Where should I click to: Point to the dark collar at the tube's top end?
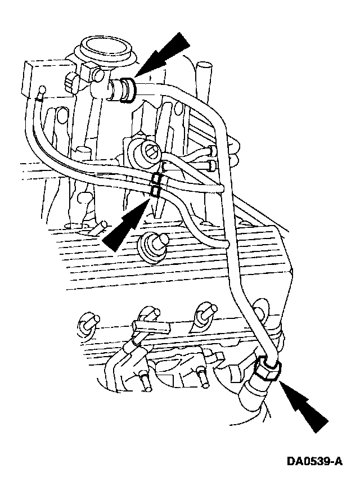point(129,91)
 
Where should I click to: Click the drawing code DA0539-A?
point(314,462)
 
